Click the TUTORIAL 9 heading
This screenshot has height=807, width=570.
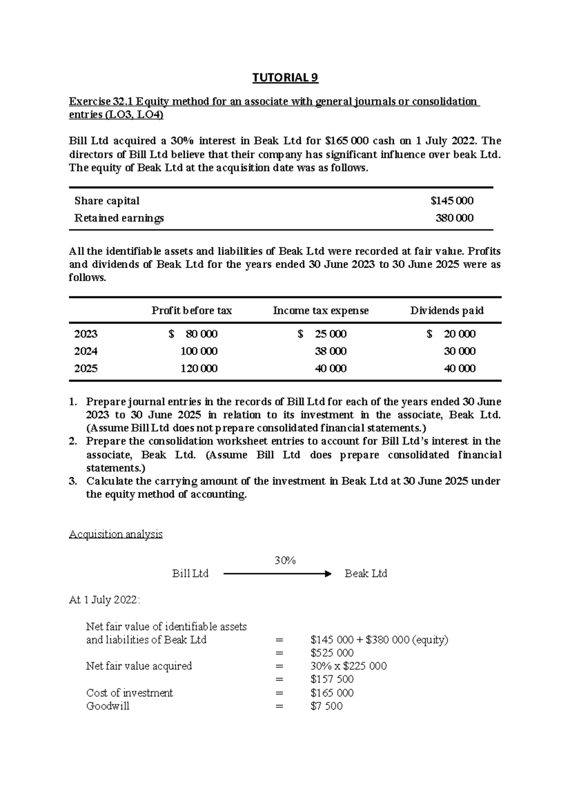click(x=285, y=77)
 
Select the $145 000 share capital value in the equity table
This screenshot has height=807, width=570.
click(x=452, y=201)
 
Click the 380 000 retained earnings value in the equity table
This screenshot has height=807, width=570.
click(x=455, y=218)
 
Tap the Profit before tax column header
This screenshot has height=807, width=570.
click(x=191, y=311)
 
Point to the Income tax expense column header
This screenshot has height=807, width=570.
click(x=321, y=311)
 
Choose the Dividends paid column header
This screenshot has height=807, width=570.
click(x=447, y=311)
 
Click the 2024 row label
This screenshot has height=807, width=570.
click(x=86, y=351)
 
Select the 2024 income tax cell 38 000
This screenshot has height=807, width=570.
click(x=331, y=351)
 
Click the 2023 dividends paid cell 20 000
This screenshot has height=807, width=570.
click(x=459, y=334)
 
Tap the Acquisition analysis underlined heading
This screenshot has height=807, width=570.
click(x=116, y=534)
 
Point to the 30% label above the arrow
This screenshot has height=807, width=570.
click(x=285, y=561)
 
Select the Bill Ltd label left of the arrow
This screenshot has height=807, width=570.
click(x=190, y=574)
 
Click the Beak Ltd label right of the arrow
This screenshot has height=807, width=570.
click(x=366, y=574)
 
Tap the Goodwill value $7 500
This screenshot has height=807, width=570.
click(x=326, y=706)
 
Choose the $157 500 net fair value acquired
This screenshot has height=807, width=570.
click(x=332, y=679)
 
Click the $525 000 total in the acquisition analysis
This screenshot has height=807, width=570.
click(x=332, y=653)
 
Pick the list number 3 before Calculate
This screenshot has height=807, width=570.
click(x=73, y=481)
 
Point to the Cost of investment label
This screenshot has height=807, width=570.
click(x=130, y=693)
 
